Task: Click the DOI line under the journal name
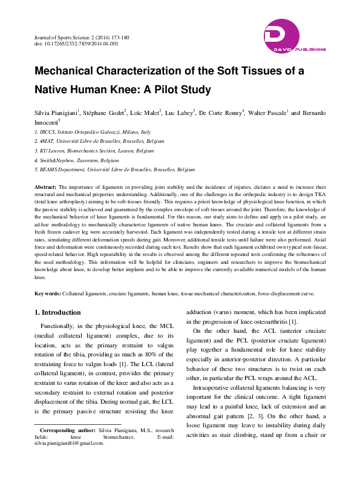pos(76,44)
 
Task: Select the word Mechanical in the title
pos(68,71)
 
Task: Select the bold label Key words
pos(47,294)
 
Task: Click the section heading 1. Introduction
pos(57,312)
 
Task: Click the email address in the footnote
pos(70,443)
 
